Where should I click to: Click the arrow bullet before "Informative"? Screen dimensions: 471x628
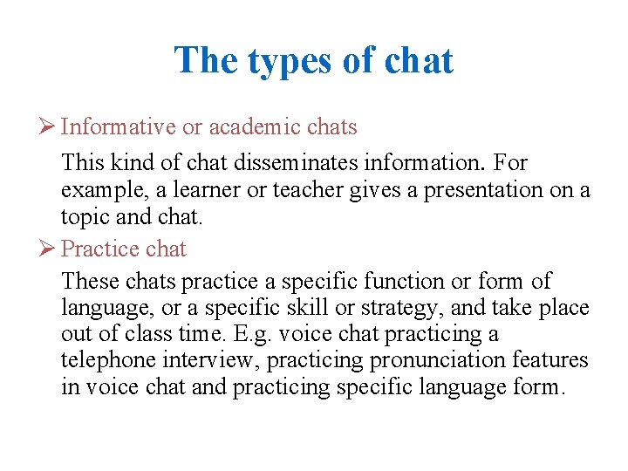pyautogui.click(x=49, y=127)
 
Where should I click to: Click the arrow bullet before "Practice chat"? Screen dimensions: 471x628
pyautogui.click(x=49, y=249)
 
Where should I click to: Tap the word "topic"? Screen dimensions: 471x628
pyautogui.click(x=84, y=215)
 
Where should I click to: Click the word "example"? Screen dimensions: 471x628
pyautogui.click(x=98, y=189)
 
